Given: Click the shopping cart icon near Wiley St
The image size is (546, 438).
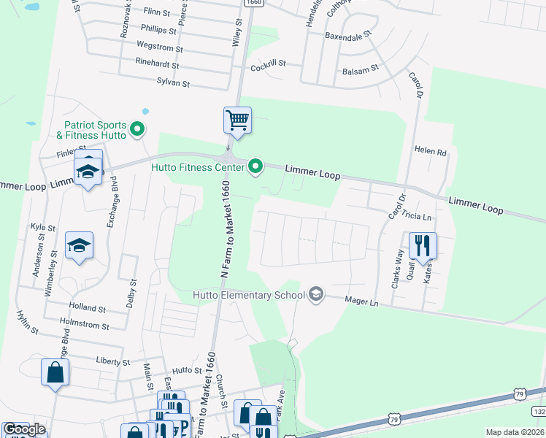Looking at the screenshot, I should pyautogui.click(x=237, y=119).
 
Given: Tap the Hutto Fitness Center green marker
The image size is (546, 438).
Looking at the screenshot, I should pyautogui.click(x=255, y=167).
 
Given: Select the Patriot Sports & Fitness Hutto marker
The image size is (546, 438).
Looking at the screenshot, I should pyautogui.click(x=136, y=131).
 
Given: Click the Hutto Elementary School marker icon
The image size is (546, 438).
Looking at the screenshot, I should pyautogui.click(x=316, y=294).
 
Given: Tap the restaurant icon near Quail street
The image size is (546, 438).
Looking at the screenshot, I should pyautogui.click(x=422, y=245).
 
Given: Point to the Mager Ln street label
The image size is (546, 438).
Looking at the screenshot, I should pyautogui.click(x=363, y=301).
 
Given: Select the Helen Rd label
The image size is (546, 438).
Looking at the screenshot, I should pyautogui.click(x=430, y=151).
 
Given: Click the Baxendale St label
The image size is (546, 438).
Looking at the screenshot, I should pyautogui.click(x=348, y=34).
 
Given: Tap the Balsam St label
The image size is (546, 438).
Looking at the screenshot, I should pyautogui.click(x=361, y=70).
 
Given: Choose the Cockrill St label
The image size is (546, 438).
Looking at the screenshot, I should pyautogui.click(x=268, y=66).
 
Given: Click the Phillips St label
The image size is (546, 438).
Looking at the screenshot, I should pyautogui.click(x=158, y=31).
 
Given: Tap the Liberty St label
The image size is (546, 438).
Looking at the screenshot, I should pyautogui.click(x=112, y=361).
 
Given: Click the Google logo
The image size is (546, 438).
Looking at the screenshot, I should pyautogui.click(x=24, y=429).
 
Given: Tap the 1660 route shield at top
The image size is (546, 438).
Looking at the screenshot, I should pyautogui.click(x=253, y=3).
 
